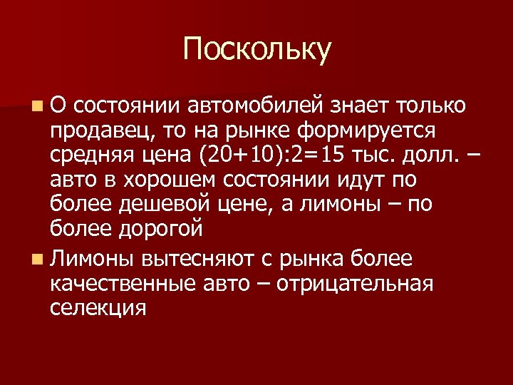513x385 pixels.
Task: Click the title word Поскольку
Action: [x=256, y=49]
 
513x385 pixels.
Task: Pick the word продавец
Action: [x=103, y=131]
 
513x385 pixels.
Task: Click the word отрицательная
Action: [x=354, y=283]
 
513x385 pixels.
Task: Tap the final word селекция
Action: [x=98, y=307]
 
